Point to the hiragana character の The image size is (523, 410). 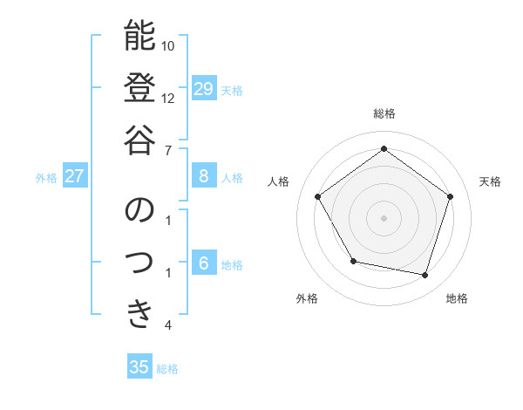139,210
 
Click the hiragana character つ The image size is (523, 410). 139,262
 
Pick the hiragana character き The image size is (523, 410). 139,313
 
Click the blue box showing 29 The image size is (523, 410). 204,89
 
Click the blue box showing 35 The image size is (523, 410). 139,367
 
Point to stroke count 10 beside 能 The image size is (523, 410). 168,45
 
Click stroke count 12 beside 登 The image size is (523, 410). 168,98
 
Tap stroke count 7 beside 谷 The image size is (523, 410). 168,149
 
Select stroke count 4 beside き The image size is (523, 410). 168,325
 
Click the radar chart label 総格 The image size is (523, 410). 384,113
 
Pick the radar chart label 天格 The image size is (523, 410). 490,181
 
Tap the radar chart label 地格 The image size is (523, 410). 457,298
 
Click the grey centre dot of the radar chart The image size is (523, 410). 384,217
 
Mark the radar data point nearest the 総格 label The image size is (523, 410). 384,148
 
